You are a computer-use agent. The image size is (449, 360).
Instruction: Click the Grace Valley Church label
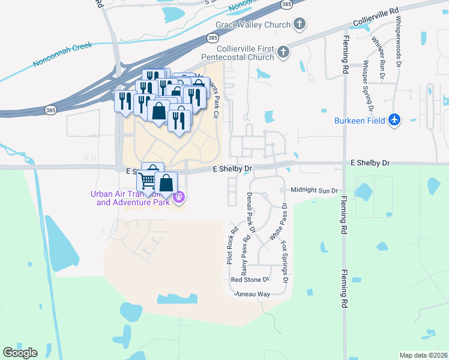point(253,25)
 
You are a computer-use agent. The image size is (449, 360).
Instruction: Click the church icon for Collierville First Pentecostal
point(283,53)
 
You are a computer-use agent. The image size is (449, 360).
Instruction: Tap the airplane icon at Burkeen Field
point(394,120)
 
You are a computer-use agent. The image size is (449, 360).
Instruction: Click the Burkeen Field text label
point(359,121)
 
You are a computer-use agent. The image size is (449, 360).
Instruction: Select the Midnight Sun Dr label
point(315,190)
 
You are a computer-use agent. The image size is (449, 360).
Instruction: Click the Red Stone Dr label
point(250,280)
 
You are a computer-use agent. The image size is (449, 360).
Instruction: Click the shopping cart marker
point(147,180)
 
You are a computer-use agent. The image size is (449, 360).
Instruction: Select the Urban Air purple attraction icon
point(178,197)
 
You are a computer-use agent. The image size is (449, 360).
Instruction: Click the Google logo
point(20,353)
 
